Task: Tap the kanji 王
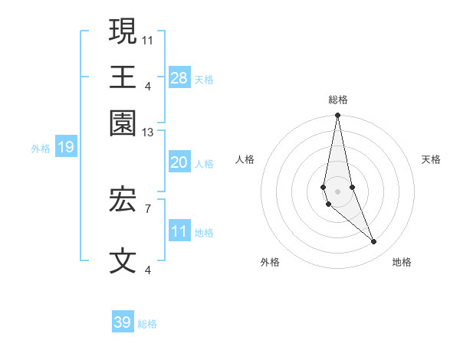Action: [123, 77]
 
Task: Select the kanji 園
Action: [123, 123]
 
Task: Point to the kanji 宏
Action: [123, 201]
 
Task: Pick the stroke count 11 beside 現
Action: [148, 39]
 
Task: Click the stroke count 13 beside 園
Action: [148, 133]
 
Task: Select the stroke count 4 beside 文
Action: [148, 270]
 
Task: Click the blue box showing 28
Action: [179, 78]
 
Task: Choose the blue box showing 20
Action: [179, 162]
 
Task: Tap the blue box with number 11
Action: [179, 232]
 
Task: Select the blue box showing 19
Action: [66, 147]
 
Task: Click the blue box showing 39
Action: [123, 322]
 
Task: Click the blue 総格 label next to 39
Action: [147, 324]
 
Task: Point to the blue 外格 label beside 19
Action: [41, 148]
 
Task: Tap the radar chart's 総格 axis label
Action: [338, 100]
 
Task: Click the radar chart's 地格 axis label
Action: [402, 262]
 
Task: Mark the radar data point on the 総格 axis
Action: [337, 116]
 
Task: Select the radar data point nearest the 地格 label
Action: [374, 242]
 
